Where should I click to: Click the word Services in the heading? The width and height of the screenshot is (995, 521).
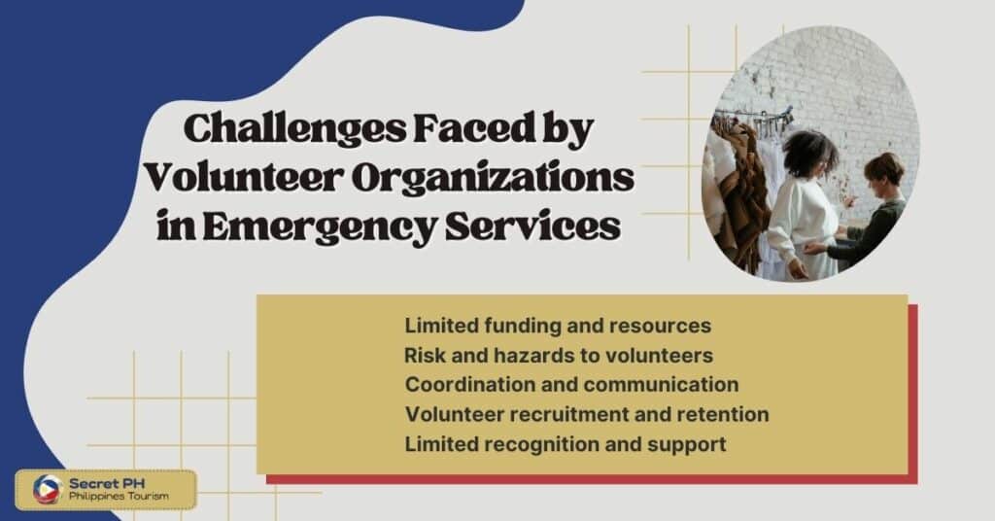tap(532, 226)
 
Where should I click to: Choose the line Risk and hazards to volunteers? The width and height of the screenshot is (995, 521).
tap(559, 354)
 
